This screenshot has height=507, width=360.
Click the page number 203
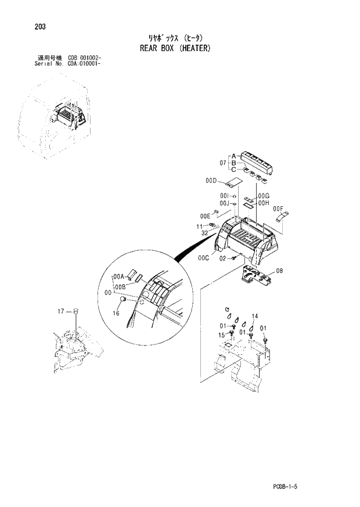tap(41, 27)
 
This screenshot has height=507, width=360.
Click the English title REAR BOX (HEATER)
tap(175, 48)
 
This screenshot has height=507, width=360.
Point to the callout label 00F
tap(278, 208)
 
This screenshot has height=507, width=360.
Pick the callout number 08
tap(279, 271)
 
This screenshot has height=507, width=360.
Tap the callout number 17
tap(61, 312)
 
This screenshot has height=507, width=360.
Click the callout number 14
tap(254, 316)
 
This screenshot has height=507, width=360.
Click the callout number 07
tap(222, 163)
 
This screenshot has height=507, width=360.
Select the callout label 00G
tap(264, 196)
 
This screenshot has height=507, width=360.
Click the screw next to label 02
tap(233, 258)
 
